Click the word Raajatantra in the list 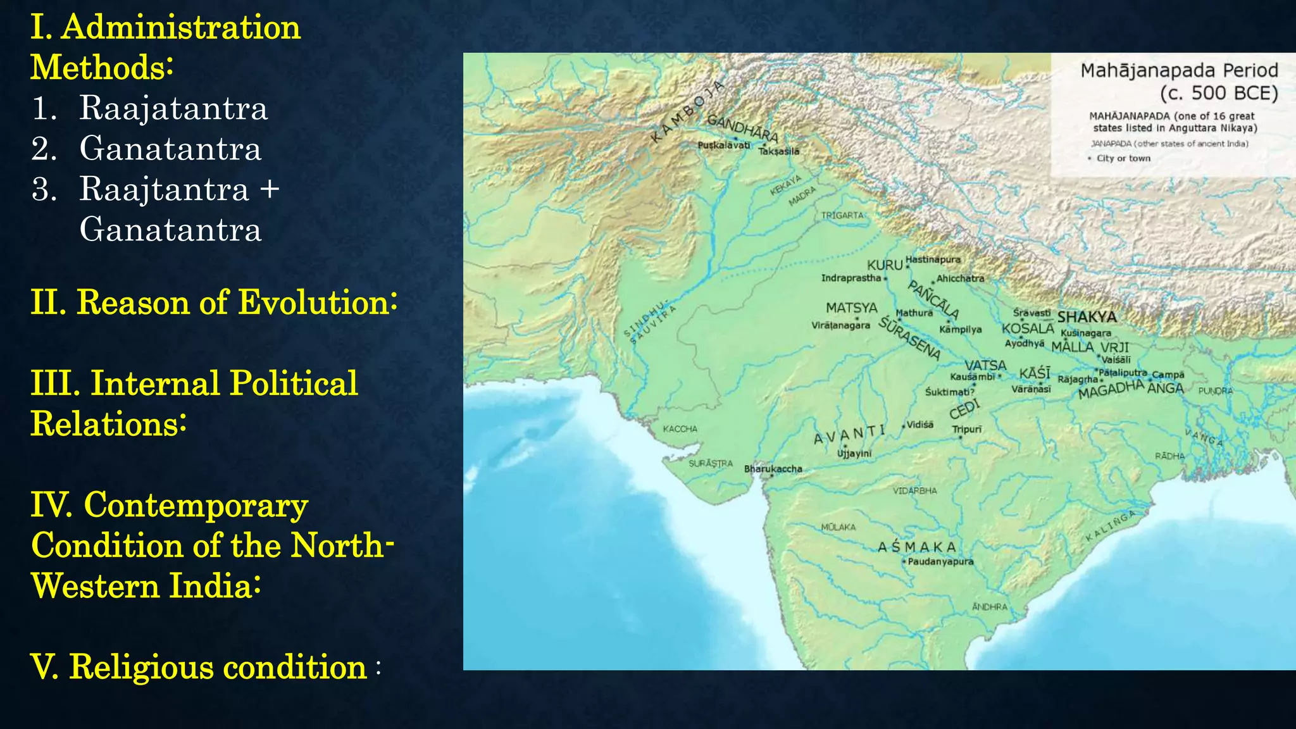pyautogui.click(x=173, y=108)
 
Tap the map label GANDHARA pyautogui.click(x=742, y=127)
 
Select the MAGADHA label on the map pyautogui.click(x=1111, y=389)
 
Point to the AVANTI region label pyautogui.click(x=849, y=435)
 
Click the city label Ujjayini pyautogui.click(x=854, y=454)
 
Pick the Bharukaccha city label pyautogui.click(x=773, y=469)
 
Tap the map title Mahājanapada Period pyautogui.click(x=1179, y=70)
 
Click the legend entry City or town pyautogui.click(x=1123, y=158)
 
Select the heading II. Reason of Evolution pyautogui.click(x=214, y=302)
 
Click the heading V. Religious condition pyautogui.click(x=206, y=667)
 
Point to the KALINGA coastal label pyautogui.click(x=1111, y=526)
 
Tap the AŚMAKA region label pyautogui.click(x=917, y=547)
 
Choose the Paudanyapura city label pyautogui.click(x=940, y=562)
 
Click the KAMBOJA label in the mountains pyautogui.click(x=687, y=111)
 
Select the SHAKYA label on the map pyautogui.click(x=1087, y=317)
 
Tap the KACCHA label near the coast pyautogui.click(x=680, y=429)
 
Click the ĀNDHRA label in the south pyautogui.click(x=989, y=607)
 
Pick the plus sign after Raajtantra pyautogui.click(x=270, y=189)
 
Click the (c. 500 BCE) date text pyautogui.click(x=1219, y=94)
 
